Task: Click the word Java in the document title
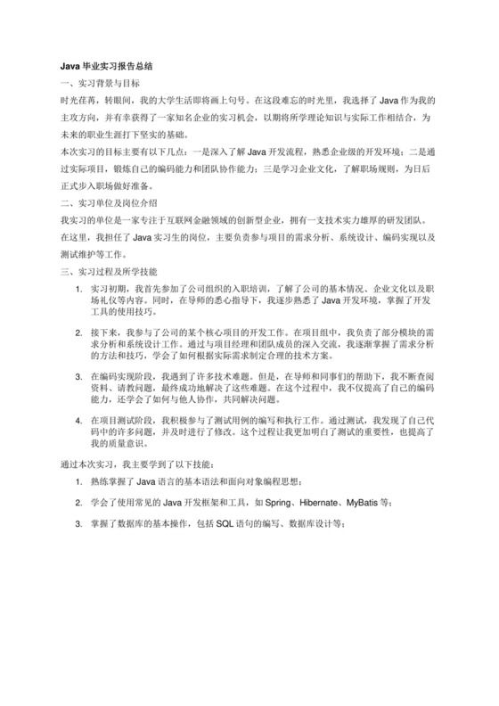[69, 65]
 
